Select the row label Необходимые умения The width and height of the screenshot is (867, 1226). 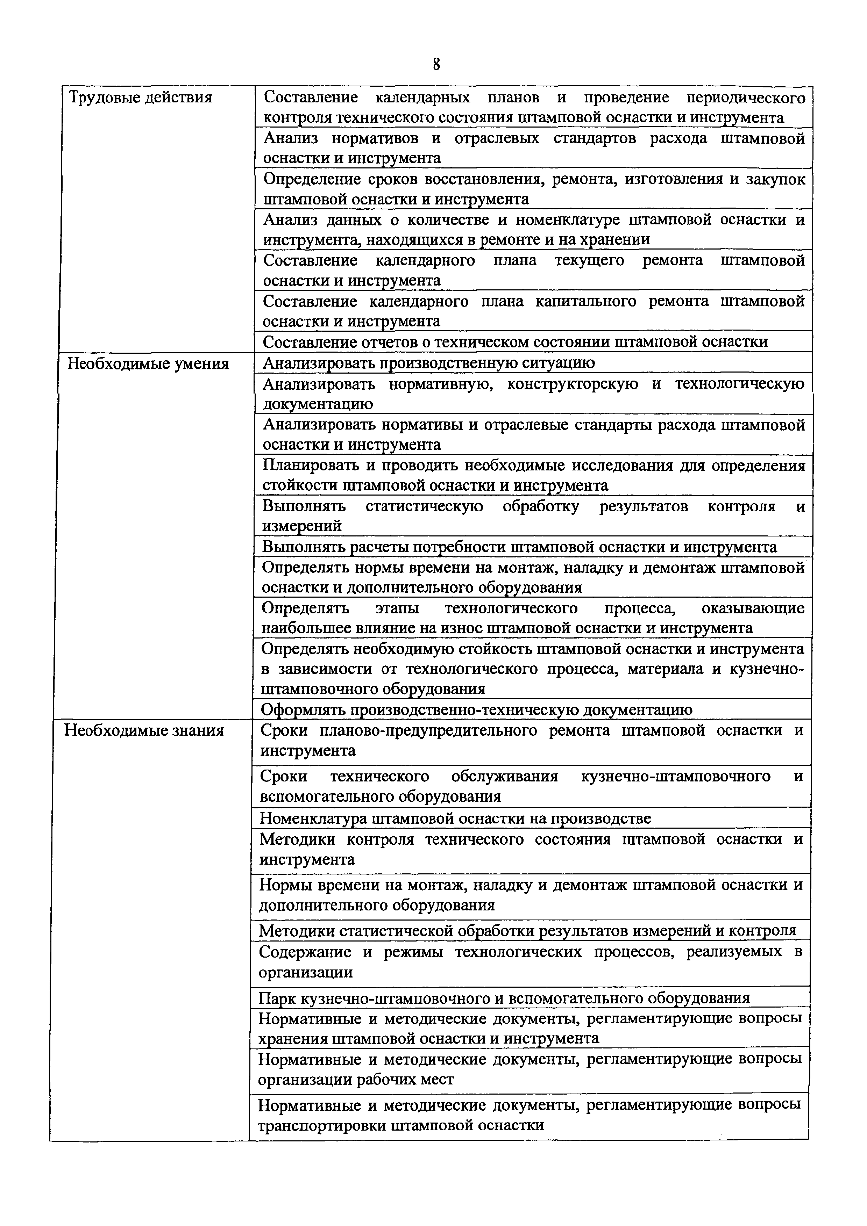click(148, 364)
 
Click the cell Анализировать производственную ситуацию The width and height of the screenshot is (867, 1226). click(428, 363)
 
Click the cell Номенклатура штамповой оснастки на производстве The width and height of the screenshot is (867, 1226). click(455, 818)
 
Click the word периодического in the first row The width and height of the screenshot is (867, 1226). click(746, 98)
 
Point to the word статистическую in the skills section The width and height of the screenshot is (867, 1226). click(424, 506)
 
